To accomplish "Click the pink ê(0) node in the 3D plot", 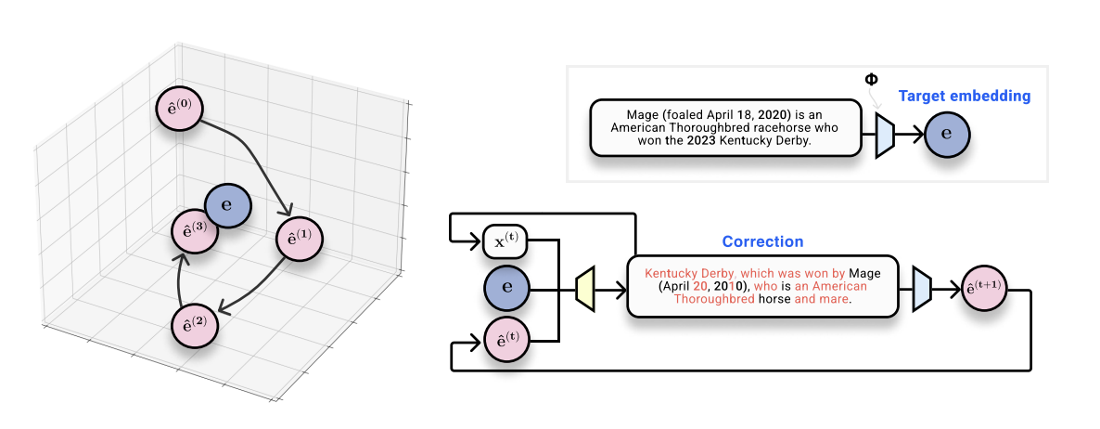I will [x=179, y=108].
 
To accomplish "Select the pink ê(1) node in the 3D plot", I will [x=300, y=239].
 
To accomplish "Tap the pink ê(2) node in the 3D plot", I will [x=195, y=325].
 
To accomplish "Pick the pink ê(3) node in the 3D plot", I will [x=195, y=231].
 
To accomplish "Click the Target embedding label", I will [x=964, y=96].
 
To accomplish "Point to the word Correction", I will [x=762, y=241].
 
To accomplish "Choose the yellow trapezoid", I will [x=584, y=288].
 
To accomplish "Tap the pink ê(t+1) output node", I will [x=984, y=289].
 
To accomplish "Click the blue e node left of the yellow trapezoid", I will [x=506, y=288].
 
